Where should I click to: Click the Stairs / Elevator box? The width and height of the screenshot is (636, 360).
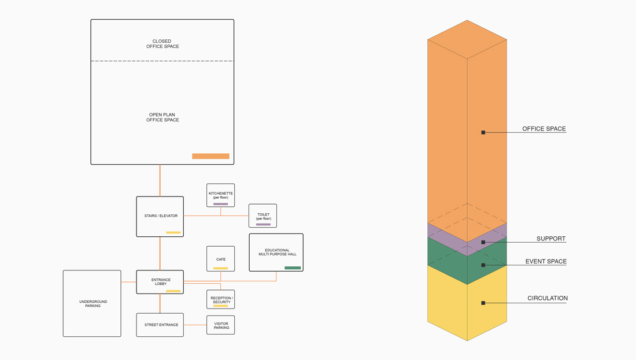point(160,217)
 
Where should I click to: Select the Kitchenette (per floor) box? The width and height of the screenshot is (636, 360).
point(221,195)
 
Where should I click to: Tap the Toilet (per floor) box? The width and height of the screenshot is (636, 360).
point(263,216)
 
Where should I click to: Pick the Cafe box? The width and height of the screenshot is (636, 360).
point(221,259)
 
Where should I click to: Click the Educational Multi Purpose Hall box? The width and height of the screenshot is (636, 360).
point(276,252)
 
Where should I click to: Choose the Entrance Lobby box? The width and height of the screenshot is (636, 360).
point(160,282)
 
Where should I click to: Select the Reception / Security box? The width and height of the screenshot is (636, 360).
point(221,299)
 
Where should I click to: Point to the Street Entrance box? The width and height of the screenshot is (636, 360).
point(160,325)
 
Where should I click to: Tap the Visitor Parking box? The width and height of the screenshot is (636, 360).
point(221,325)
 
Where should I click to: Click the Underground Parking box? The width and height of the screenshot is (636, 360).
point(92,303)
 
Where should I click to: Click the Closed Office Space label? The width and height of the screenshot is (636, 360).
point(162,44)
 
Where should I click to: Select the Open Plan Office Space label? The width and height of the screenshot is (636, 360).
point(162,117)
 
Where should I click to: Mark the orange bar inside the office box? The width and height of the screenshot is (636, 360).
point(210,156)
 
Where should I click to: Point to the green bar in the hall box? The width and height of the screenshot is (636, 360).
point(293,268)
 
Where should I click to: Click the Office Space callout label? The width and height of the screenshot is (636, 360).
point(544,128)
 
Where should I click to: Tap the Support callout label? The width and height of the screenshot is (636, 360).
point(551,239)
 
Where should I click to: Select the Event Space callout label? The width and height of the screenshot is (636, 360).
point(546,262)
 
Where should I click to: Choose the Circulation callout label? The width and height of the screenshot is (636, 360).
point(548,298)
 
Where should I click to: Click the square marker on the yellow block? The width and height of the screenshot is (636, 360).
point(483,303)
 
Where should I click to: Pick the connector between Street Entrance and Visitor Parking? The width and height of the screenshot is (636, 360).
point(195,325)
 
